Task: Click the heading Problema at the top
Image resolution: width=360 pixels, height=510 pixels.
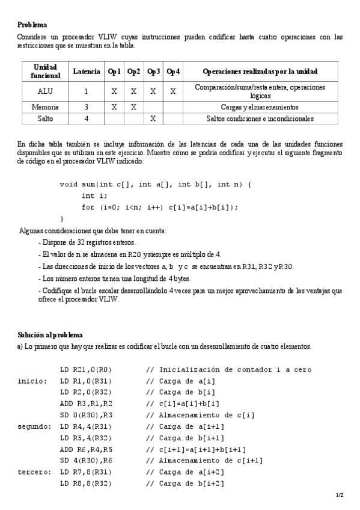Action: pos(32,25)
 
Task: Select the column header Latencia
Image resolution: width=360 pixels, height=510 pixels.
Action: pos(86,72)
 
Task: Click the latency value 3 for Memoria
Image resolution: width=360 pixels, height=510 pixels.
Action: pos(86,107)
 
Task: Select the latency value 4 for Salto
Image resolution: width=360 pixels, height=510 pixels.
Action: pos(86,118)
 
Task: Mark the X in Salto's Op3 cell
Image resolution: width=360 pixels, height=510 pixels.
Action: pos(153,118)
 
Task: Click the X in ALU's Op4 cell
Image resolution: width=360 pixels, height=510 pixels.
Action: pos(172,91)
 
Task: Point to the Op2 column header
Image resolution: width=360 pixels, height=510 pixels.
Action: pos(134,72)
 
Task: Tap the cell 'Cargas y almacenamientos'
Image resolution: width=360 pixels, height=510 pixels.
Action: pos(260,107)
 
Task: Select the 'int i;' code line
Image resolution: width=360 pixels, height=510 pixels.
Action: pos(94,195)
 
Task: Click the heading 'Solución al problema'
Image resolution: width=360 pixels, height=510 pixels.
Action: pos(50,334)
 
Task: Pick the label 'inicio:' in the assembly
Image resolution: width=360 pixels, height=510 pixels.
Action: pos(32,381)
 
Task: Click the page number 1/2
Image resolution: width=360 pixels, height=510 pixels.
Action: pos(340,495)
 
